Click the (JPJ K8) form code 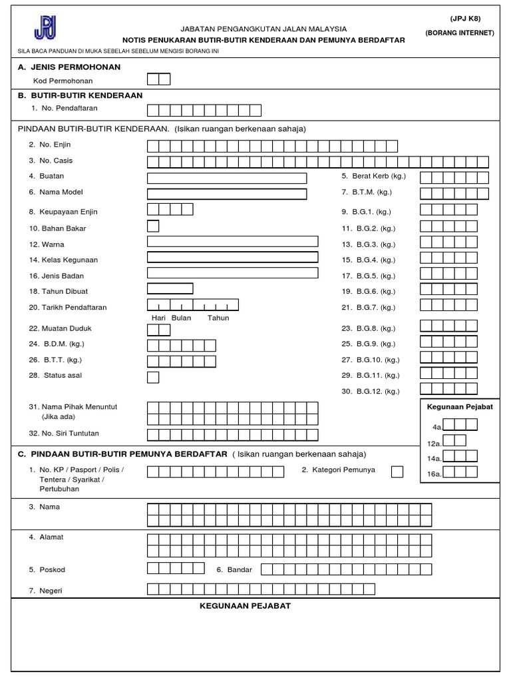(x=465, y=19)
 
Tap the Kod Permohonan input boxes (x=158, y=80)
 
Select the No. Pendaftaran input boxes (x=204, y=111)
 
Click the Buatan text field (x=227, y=178)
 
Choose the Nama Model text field (x=227, y=194)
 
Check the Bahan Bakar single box (x=153, y=226)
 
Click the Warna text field (x=232, y=242)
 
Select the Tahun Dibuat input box (x=170, y=289)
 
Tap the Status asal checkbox (x=153, y=378)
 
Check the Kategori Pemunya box (x=397, y=472)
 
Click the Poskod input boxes (x=176, y=568)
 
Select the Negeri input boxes (x=261, y=589)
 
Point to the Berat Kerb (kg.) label (x=373, y=176)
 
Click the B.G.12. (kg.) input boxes (x=448, y=389)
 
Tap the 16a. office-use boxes (x=460, y=472)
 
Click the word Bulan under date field (x=181, y=318)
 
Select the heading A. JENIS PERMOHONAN (x=69, y=67)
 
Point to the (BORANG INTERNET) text (x=460, y=33)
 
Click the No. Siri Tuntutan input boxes (x=232, y=435)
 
